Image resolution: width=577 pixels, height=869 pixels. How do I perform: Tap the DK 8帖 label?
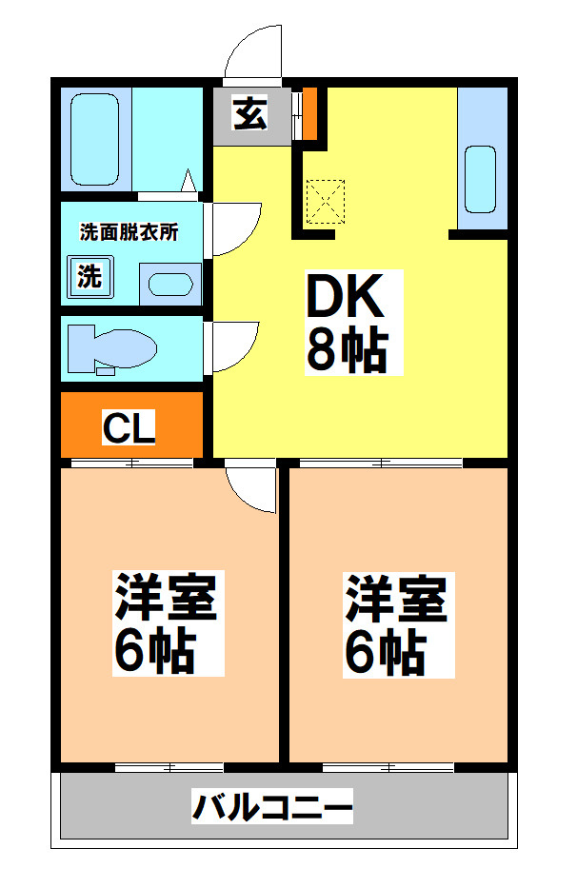point(346,322)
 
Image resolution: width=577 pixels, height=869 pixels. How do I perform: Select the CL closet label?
point(129,428)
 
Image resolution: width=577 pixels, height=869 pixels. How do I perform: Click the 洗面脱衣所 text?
point(129,231)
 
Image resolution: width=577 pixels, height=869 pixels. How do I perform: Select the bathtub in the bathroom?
point(95,139)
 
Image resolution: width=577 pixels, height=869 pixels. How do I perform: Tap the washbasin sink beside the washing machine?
point(171,284)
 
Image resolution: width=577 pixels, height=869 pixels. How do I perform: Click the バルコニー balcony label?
point(273,808)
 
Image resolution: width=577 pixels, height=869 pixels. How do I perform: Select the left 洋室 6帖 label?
point(167,623)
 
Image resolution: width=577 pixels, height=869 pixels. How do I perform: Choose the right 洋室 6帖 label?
point(396,623)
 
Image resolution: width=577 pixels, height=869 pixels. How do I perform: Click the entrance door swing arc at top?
point(252,52)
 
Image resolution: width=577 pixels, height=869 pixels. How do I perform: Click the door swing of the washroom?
point(234,229)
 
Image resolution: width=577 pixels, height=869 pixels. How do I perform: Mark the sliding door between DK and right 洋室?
point(381,463)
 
